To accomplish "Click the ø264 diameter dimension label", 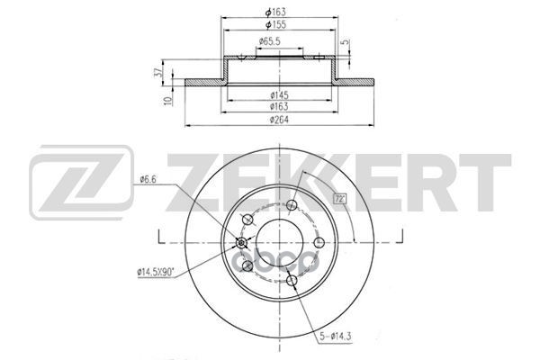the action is [x=279, y=120].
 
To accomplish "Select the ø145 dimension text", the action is [x=279, y=94].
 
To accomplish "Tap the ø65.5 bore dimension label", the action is [x=270, y=41].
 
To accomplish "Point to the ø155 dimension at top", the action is [x=275, y=25].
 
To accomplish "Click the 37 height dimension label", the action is [x=158, y=72].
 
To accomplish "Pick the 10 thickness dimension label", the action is [x=168, y=101].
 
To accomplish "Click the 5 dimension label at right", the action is [x=345, y=42].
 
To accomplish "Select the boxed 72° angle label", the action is [x=339, y=199].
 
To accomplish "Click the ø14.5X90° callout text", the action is [x=156, y=273].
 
